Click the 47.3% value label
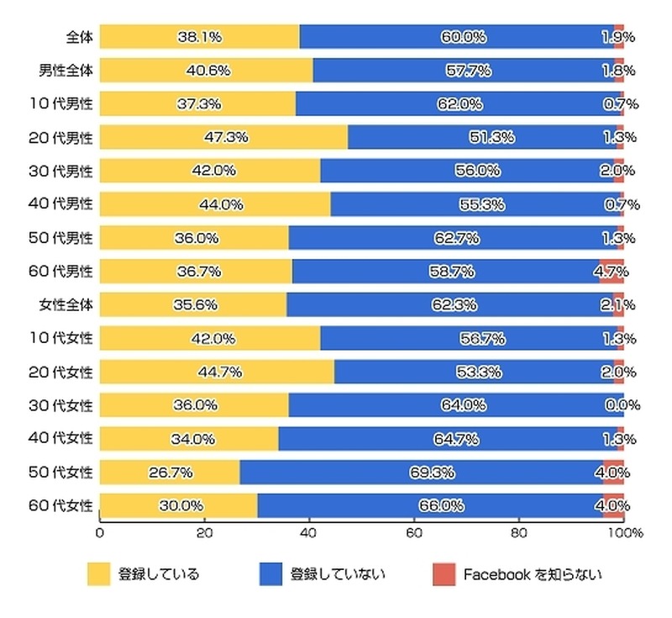click(x=226, y=137)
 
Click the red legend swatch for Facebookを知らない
click(x=442, y=575)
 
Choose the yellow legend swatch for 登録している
click(x=99, y=575)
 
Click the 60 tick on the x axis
click(x=413, y=533)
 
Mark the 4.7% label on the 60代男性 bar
click(x=612, y=272)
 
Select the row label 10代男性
click(x=66, y=104)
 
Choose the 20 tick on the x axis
click(x=204, y=533)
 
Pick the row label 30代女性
click(x=66, y=405)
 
